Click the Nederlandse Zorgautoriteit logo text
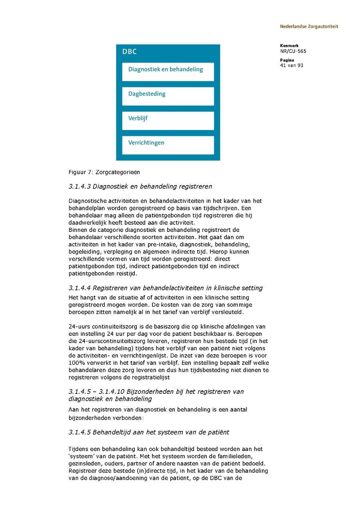coord(309,26)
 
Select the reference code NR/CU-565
coord(293,51)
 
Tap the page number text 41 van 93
coord(292,65)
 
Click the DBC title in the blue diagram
coord(129,52)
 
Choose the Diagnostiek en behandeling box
coord(168,71)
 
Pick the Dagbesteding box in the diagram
coord(168,96)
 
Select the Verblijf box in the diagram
coord(168,120)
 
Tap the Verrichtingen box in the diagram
coord(168,145)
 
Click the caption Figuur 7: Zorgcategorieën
coord(104,172)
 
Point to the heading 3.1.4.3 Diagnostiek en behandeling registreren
coord(140,186)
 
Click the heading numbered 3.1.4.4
coord(166,288)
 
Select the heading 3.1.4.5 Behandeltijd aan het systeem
coord(149,432)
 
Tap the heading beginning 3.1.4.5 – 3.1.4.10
coord(156,395)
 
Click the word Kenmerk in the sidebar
coord(289,46)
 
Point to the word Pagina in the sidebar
coord(287,60)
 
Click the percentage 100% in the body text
coord(76,363)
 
